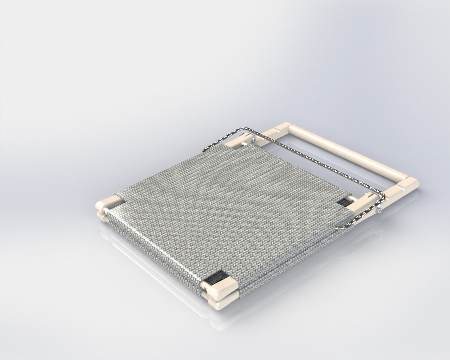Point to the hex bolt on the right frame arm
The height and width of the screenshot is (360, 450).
click(x=380, y=210)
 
